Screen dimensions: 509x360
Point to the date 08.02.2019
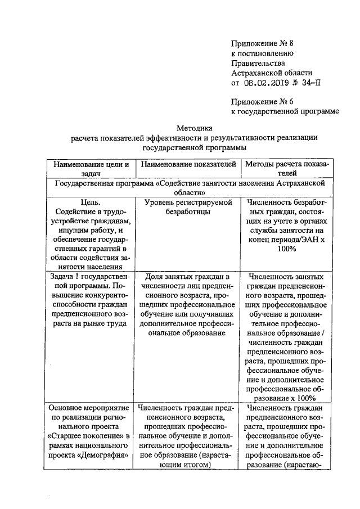tap(266, 83)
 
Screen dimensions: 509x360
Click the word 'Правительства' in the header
tap(258, 63)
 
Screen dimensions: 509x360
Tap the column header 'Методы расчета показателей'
tap(286, 169)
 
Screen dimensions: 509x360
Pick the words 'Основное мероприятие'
tap(89, 407)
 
